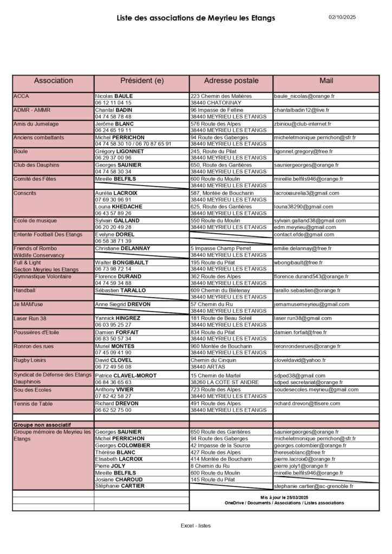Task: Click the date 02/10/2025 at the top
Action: [342, 17]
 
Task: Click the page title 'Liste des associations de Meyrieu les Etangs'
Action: [196, 18]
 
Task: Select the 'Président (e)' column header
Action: [142, 81]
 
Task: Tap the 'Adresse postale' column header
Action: [231, 81]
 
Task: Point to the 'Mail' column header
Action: [326, 81]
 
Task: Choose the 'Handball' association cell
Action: [24, 291]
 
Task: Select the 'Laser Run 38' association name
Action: [30, 319]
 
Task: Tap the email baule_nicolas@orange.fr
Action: [304, 96]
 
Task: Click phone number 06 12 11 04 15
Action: [113, 103]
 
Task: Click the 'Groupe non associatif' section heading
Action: [42, 425]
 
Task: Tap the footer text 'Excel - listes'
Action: [195, 525]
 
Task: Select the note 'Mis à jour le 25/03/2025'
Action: [284, 497]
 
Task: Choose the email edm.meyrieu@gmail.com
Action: [305, 227]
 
